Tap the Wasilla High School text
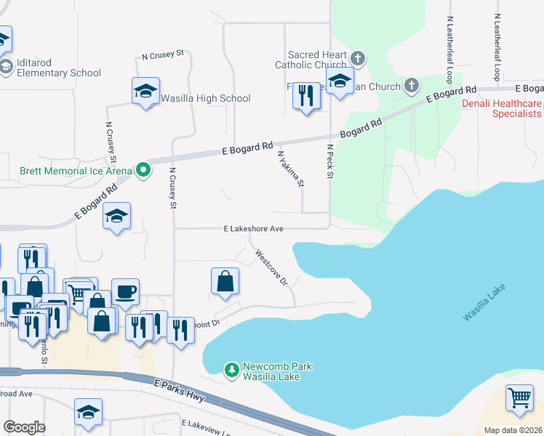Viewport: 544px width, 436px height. [x=206, y=98]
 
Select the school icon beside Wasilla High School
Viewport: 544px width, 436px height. [x=145, y=92]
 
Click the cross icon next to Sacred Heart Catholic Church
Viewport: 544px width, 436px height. [x=357, y=57]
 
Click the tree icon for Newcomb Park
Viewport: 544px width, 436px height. [x=231, y=371]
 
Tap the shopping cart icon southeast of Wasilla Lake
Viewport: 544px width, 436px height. [x=519, y=397]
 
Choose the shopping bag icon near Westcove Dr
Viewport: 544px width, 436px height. [x=225, y=281]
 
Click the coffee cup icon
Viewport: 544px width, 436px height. [x=124, y=291]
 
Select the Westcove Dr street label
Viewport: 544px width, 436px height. [x=270, y=268]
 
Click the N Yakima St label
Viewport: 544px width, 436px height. [x=289, y=169]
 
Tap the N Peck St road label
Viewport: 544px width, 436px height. [x=329, y=161]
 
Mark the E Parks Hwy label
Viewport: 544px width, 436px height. [x=180, y=391]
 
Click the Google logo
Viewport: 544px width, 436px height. [x=24, y=427]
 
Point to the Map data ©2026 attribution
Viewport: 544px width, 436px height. [x=513, y=430]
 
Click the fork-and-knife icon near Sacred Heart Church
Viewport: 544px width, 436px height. [x=306, y=95]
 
